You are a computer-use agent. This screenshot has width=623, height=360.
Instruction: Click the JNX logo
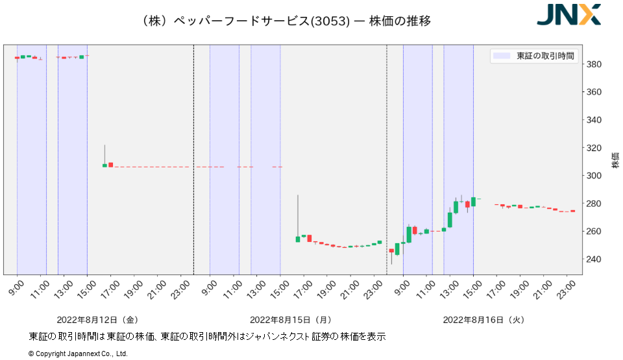[568, 14]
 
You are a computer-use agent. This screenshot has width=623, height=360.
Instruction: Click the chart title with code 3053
[286, 21]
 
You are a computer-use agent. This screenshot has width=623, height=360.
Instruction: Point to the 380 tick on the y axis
[594, 64]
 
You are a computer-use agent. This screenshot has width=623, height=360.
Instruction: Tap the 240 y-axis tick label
[594, 259]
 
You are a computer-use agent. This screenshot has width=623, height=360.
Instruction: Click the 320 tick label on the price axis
[594, 148]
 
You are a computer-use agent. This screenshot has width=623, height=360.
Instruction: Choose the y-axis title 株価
[615, 162]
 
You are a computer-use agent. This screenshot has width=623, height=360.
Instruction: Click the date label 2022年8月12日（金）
[97, 320]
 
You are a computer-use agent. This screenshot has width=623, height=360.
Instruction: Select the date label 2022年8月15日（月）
[291, 320]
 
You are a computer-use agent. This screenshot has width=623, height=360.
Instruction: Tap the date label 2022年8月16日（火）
[483, 320]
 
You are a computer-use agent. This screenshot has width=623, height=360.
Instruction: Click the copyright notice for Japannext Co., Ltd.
[78, 354]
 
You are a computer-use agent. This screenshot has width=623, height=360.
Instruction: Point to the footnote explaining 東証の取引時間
[208, 337]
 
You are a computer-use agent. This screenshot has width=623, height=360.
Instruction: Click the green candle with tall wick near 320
[104, 165]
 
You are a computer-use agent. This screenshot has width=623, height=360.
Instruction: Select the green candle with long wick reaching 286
[298, 239]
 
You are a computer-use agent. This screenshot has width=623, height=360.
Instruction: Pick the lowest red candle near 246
[391, 250]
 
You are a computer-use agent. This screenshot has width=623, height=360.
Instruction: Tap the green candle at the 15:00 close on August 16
[473, 202]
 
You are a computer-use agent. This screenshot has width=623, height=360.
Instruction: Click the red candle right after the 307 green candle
[111, 165]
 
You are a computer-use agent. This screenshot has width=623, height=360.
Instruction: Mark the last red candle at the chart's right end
[573, 211]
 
